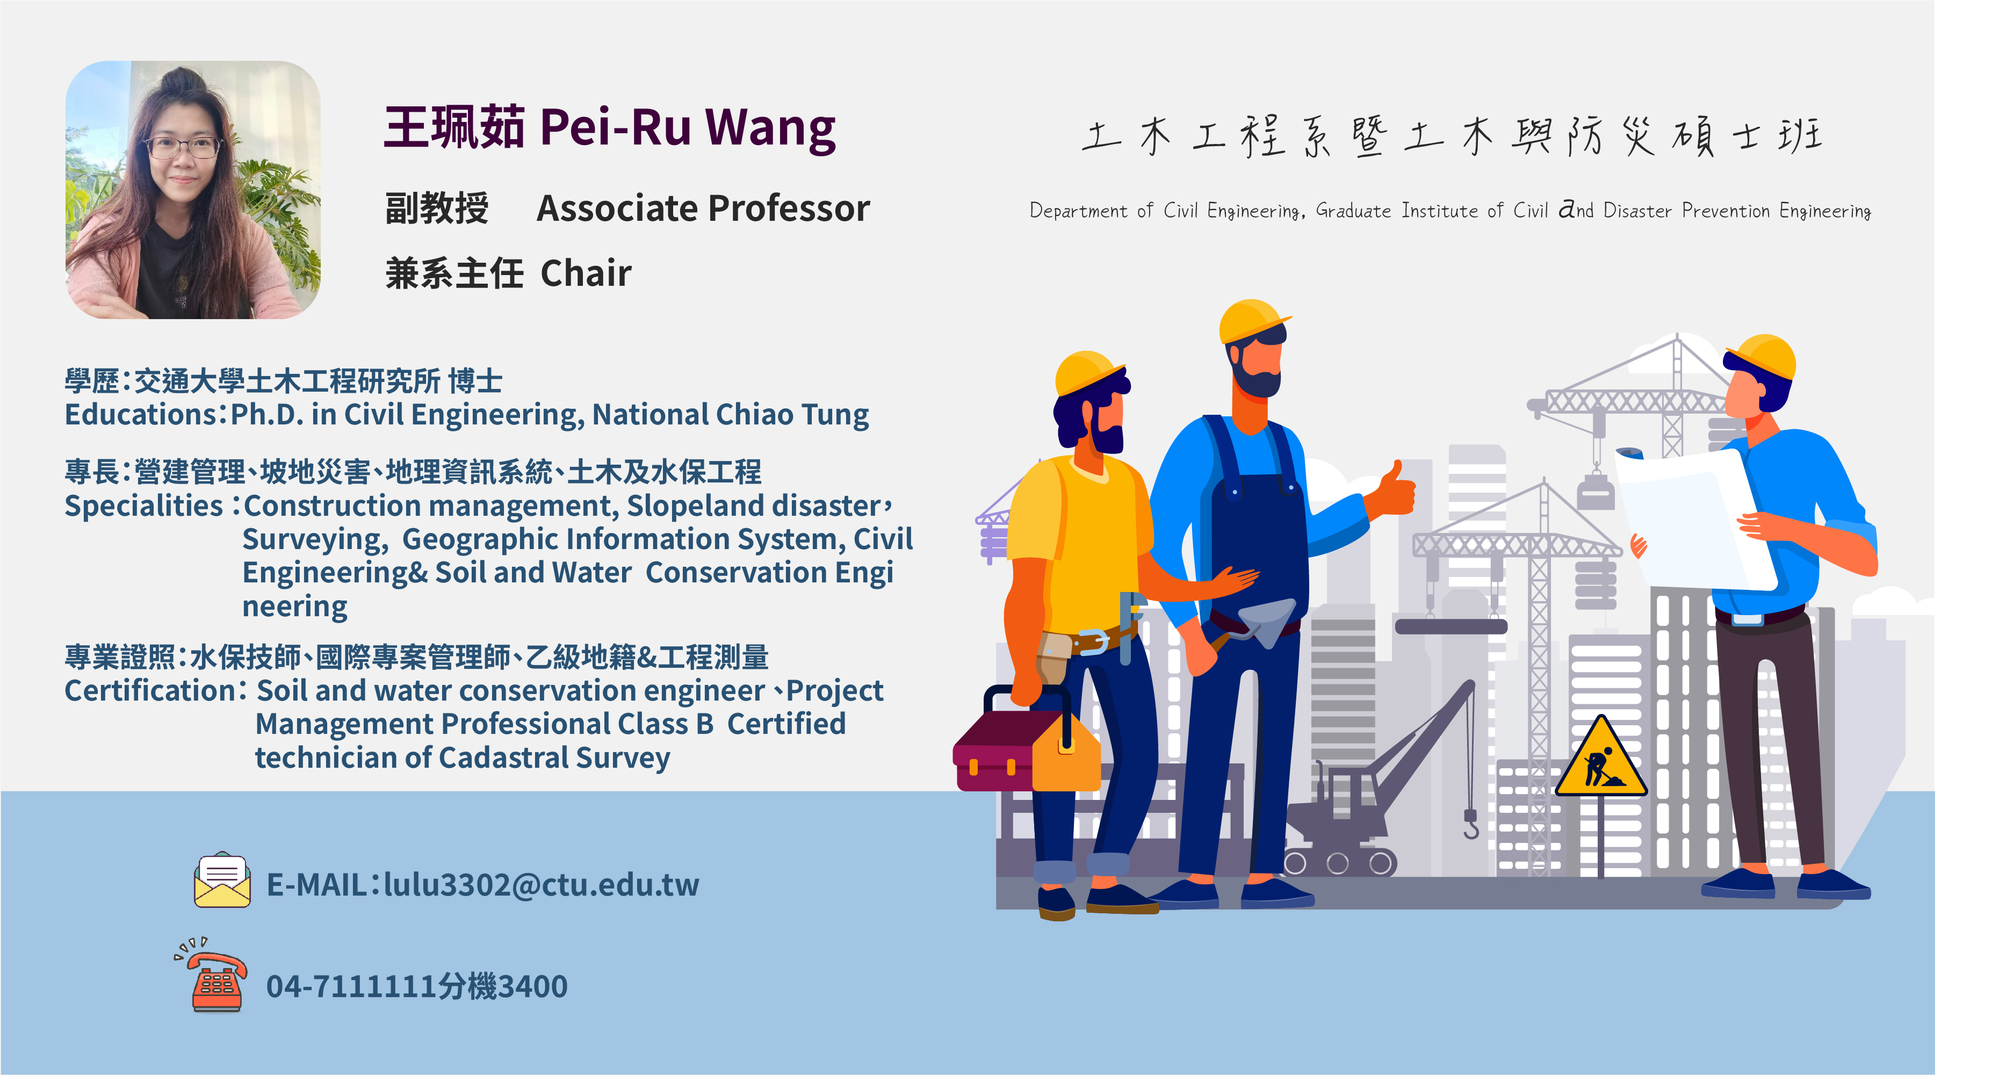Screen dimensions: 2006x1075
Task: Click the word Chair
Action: (586, 273)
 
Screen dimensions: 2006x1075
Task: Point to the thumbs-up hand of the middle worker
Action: (1396, 489)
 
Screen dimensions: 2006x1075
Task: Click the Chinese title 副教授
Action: (437, 209)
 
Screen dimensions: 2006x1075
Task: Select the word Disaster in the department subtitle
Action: (1637, 211)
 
